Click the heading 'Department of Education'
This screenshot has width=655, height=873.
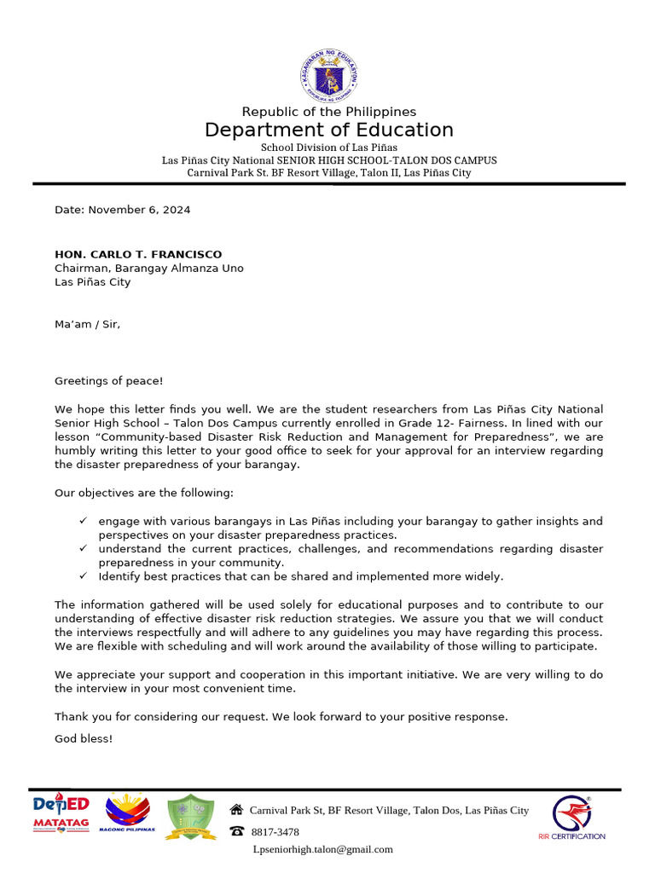click(328, 130)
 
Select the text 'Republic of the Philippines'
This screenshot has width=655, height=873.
click(328, 112)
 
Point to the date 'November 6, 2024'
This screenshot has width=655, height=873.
click(139, 210)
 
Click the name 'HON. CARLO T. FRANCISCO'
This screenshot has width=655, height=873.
click(138, 254)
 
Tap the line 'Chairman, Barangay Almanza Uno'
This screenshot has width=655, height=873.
click(148, 268)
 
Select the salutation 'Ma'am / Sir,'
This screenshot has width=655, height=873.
click(87, 324)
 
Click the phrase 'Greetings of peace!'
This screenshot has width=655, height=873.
click(108, 380)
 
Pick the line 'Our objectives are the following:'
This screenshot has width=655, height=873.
click(143, 493)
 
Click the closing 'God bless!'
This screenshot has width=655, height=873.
click(84, 738)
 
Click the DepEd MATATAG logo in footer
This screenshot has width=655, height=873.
click(61, 814)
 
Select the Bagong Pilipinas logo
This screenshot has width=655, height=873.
click(126, 814)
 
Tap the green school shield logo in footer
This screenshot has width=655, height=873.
click(190, 816)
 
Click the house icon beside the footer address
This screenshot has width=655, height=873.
click(236, 810)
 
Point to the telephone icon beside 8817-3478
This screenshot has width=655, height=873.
click(236, 831)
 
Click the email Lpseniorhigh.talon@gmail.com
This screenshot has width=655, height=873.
click(322, 849)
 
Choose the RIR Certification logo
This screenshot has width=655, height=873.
click(571, 818)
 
